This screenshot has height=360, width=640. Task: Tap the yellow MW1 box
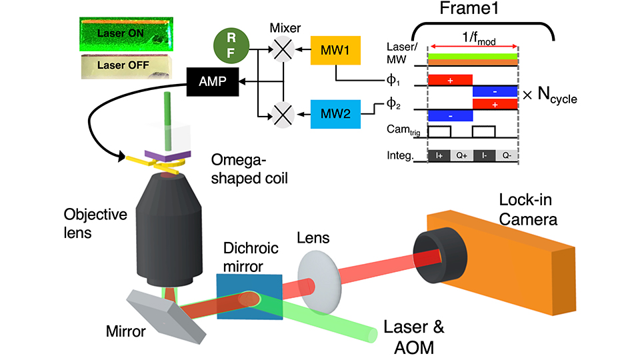(335, 51)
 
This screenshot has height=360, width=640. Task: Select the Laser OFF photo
(125, 65)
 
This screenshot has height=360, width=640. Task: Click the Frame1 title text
(471, 11)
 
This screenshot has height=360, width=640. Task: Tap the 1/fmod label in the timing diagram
(473, 39)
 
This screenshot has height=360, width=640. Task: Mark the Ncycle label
(550, 98)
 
